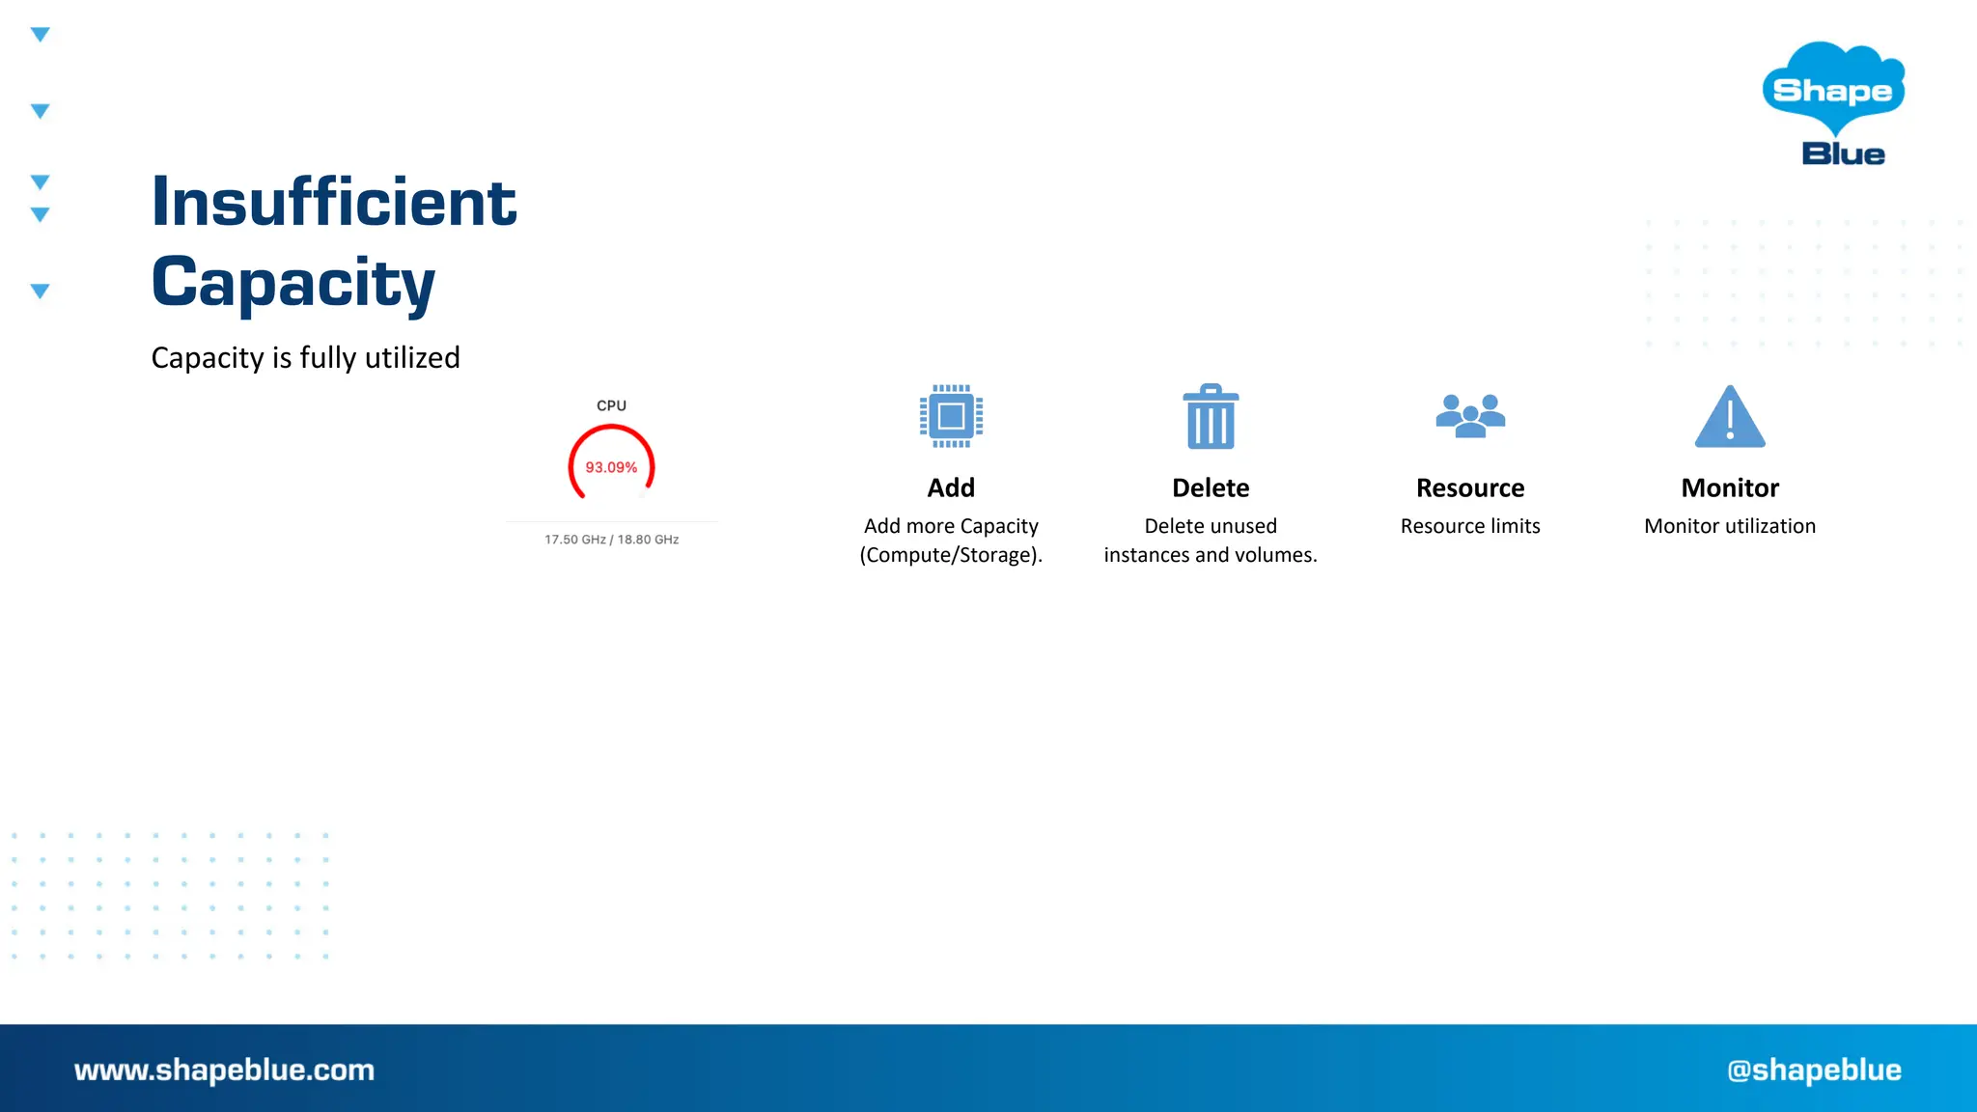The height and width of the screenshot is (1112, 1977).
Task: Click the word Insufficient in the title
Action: pos(334,203)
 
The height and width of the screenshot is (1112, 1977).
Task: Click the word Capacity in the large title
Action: pos(293,283)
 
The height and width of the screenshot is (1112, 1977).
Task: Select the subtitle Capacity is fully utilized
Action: pos(305,358)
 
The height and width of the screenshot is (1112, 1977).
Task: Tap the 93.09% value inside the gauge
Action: pos(611,467)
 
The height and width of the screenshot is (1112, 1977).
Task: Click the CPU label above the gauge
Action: pos(611,405)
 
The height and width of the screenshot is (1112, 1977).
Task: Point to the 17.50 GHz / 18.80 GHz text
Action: pos(611,540)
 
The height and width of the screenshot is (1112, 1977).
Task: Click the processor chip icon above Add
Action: pos(951,416)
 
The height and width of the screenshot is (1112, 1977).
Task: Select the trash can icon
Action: pos(1211,417)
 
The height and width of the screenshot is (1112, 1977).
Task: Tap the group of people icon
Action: pos(1470,416)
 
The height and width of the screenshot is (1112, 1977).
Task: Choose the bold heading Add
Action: pos(951,487)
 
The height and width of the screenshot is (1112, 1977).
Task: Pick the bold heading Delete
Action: pos(1211,487)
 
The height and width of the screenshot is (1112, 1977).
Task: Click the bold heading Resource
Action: pos(1470,487)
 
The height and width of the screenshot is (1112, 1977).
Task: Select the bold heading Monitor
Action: pos(1730,487)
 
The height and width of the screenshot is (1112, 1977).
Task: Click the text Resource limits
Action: pos(1470,526)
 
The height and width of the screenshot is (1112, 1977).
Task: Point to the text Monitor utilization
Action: pos(1730,526)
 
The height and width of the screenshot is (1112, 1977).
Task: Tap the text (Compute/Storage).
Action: pos(951,555)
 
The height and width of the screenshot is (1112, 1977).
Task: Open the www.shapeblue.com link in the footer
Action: pos(224,1070)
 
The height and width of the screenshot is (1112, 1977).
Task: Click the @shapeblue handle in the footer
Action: pos(1814,1070)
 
